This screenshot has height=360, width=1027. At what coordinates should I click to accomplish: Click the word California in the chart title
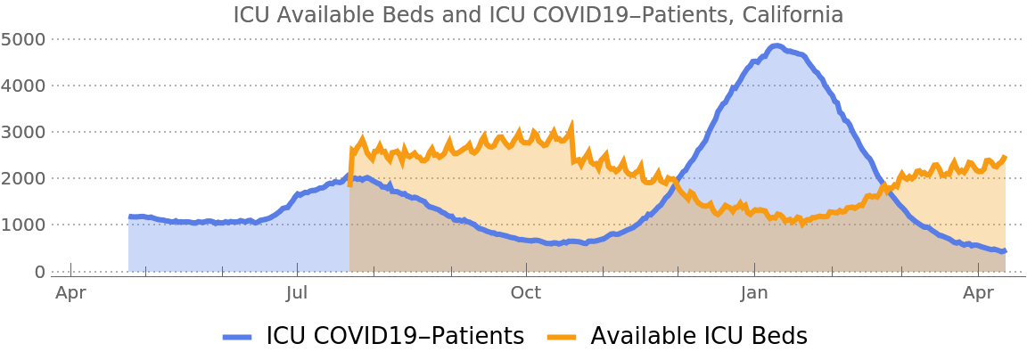(x=794, y=15)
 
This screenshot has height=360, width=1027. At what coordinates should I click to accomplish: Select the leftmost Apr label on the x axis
(x=70, y=292)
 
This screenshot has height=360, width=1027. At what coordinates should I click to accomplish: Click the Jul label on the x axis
(x=298, y=292)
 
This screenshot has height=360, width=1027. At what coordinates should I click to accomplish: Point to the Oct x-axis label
(x=526, y=292)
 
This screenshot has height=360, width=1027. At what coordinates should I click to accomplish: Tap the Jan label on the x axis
(x=754, y=292)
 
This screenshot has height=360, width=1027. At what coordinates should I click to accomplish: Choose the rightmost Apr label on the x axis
(x=979, y=292)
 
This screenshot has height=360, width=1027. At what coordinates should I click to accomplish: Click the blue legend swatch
(x=237, y=337)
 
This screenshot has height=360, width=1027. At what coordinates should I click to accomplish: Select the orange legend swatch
(x=562, y=337)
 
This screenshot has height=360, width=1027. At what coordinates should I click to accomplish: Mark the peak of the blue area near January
(x=776, y=44)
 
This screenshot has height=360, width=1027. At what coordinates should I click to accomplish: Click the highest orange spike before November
(x=572, y=120)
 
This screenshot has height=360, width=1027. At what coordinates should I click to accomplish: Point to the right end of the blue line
(x=1006, y=252)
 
